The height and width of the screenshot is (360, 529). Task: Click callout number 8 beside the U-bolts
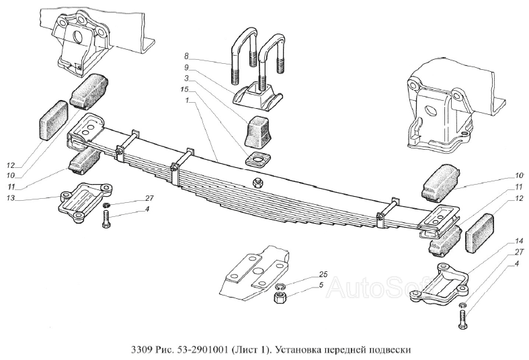tap(186, 55)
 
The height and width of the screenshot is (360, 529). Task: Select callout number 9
tap(186, 67)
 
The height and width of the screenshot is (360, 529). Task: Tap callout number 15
tap(184, 89)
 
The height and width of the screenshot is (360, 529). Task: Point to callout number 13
tap(11, 198)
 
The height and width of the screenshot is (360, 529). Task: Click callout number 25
tap(323, 274)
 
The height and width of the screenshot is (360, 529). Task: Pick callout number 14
tap(519, 240)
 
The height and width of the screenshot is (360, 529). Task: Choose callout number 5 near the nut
tap(321, 285)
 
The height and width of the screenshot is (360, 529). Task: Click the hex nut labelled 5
tap(280, 298)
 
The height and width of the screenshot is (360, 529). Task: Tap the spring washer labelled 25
tap(279, 287)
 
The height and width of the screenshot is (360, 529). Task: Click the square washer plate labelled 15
tap(258, 159)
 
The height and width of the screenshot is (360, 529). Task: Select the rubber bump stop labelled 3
tap(259, 132)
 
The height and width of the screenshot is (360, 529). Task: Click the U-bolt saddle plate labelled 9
tap(257, 97)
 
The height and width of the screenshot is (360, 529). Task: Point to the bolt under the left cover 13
tap(105, 219)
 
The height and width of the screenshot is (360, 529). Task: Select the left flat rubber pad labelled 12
tap(54, 120)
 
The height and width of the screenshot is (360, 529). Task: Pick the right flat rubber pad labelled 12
tap(479, 232)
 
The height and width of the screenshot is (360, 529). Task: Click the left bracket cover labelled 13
tap(85, 201)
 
